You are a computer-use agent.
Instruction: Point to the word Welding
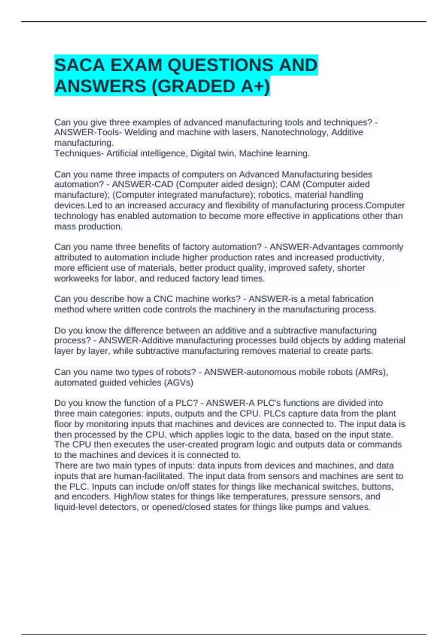(x=140, y=132)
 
